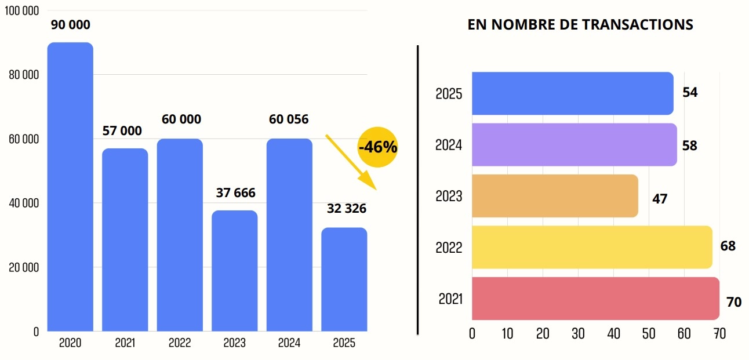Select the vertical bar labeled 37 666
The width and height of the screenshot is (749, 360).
pyautogui.click(x=234, y=271)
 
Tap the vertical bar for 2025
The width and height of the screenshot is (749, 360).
pyautogui.click(x=344, y=279)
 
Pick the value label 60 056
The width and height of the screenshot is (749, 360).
pyautogui.click(x=289, y=119)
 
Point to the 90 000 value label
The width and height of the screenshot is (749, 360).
pyautogui.click(x=71, y=25)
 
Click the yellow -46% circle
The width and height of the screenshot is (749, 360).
pyautogui.click(x=378, y=147)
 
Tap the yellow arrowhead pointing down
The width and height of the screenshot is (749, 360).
pyautogui.click(x=369, y=181)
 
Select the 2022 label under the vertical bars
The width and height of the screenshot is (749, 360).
pyautogui.click(x=180, y=343)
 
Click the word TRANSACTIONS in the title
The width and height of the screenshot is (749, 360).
pyautogui.click(x=637, y=25)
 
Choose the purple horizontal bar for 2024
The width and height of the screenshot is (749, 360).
pyautogui.click(x=574, y=145)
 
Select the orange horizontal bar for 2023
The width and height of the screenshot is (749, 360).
pyautogui.click(x=555, y=196)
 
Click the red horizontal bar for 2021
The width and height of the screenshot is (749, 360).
pyautogui.click(x=595, y=299)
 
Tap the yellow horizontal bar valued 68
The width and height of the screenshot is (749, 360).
pyautogui.click(x=592, y=247)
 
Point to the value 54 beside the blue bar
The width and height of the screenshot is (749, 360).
pyautogui.click(x=690, y=93)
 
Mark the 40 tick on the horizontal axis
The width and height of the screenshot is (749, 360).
pyautogui.click(x=613, y=334)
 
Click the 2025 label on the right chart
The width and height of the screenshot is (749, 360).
pyautogui.click(x=449, y=94)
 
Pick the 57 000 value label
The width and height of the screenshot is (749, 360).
pyautogui.click(x=122, y=131)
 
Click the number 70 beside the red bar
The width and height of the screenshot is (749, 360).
pyautogui.click(x=734, y=302)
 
